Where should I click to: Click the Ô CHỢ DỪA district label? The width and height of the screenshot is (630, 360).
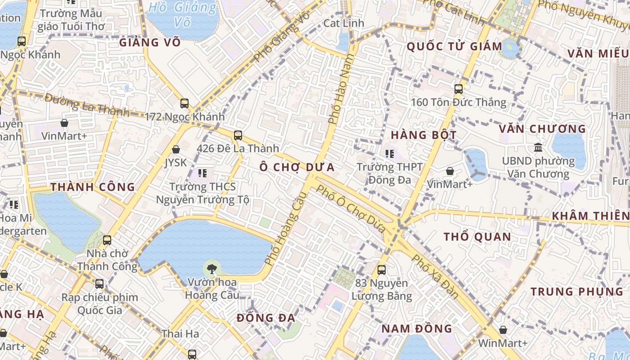pyautogui.click(x=297, y=167)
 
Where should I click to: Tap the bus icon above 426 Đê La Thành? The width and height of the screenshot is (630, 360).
pyautogui.click(x=238, y=135)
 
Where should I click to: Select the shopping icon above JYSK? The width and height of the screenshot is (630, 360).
pyautogui.click(x=176, y=149)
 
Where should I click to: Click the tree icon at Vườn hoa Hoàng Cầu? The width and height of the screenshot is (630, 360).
pyautogui.click(x=211, y=269)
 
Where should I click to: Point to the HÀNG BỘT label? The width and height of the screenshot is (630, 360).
pyautogui.click(x=423, y=135)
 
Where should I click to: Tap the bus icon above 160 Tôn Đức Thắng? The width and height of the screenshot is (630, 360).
pyautogui.click(x=459, y=89)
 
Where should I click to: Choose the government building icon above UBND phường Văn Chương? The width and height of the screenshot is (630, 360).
pyautogui.click(x=538, y=147)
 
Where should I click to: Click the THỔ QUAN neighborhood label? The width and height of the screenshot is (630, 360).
pyautogui.click(x=477, y=237)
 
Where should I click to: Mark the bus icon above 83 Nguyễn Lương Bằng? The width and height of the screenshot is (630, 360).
pyautogui.click(x=382, y=270)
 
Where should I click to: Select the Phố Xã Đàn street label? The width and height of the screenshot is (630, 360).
pyautogui.click(x=435, y=276)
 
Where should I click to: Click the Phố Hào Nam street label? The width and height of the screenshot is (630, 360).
pyautogui.click(x=340, y=90)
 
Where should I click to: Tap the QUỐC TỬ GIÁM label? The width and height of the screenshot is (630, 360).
pyautogui.click(x=454, y=46)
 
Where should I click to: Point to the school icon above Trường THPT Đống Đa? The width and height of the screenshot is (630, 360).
pyautogui.click(x=390, y=154)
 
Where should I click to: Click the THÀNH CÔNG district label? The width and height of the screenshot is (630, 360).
pyautogui.click(x=93, y=187)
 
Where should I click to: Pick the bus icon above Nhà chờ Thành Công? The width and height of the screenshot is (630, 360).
pyautogui.click(x=107, y=240)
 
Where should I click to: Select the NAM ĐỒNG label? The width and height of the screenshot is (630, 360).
pyautogui.click(x=417, y=328)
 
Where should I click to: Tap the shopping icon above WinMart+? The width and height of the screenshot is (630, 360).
pyautogui.click(x=503, y=330)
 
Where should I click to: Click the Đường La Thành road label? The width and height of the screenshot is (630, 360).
pyautogui.click(x=87, y=106)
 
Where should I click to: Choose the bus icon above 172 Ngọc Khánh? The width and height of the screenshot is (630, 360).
pyautogui.click(x=184, y=103)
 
